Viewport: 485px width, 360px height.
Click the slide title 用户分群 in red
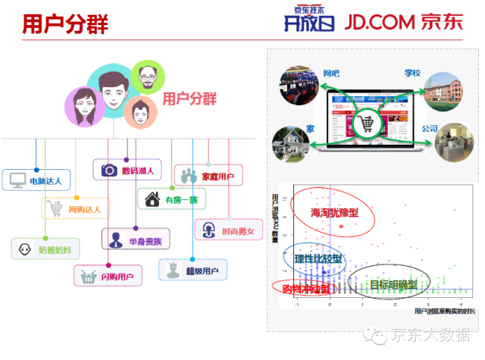pos(64,23)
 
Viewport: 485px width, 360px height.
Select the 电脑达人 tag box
pos(37,180)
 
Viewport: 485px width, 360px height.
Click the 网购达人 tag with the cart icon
pos(76,208)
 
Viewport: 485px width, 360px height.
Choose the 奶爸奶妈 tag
pos(45,249)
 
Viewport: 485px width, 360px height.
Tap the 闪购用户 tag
pos(108,275)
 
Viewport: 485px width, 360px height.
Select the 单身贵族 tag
pos(136,240)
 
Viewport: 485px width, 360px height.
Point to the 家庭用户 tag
pos(208,176)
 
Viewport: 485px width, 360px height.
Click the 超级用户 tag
pos(193,269)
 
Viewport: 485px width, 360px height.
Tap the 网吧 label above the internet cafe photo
pos(330,74)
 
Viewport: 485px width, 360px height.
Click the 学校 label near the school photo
pos(412,74)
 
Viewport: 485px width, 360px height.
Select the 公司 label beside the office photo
pos(430,129)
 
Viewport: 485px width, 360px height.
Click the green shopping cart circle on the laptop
pos(366,123)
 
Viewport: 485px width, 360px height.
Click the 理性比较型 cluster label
pos(318,258)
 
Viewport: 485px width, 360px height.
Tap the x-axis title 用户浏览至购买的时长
pos(446,311)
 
